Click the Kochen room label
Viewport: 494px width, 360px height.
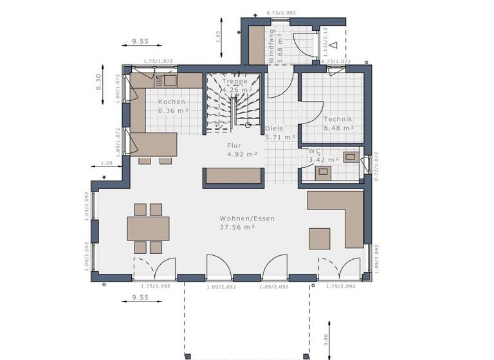[172, 102]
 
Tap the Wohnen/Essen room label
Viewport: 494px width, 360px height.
[247, 219]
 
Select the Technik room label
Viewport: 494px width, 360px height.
[339, 119]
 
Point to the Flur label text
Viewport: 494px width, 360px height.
[234, 145]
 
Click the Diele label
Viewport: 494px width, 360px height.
[275, 129]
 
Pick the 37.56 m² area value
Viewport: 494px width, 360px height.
[238, 227]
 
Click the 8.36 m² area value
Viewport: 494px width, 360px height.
[173, 111]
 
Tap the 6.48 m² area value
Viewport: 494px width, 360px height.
[339, 128]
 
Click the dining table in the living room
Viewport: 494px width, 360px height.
[149, 228]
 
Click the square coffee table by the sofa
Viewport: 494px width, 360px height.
[320, 238]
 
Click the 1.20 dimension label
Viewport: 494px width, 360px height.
[107, 163]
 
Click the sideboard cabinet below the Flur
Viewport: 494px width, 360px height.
[233, 177]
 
